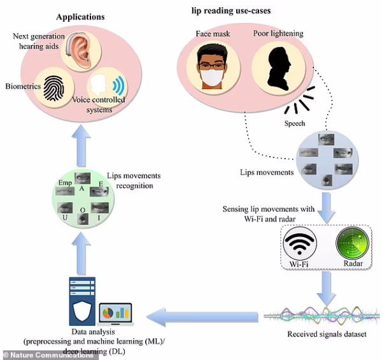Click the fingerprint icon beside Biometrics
[x=53, y=88]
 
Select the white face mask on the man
[x=212, y=78]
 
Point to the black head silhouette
[x=279, y=69]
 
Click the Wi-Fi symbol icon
[x=299, y=244]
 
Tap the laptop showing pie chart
[x=116, y=314]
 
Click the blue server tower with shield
[x=82, y=301]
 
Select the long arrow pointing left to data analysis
[x=202, y=317]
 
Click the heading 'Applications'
[x=80, y=17]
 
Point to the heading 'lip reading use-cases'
[x=231, y=11]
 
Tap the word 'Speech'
[x=295, y=124]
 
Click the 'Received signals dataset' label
[x=327, y=334]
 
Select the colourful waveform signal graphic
[x=322, y=316]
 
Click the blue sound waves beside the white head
[x=119, y=85]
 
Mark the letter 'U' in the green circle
[x=65, y=217]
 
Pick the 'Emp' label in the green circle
[x=65, y=183]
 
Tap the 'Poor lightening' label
[x=278, y=34]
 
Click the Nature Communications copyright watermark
[x=49, y=355]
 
